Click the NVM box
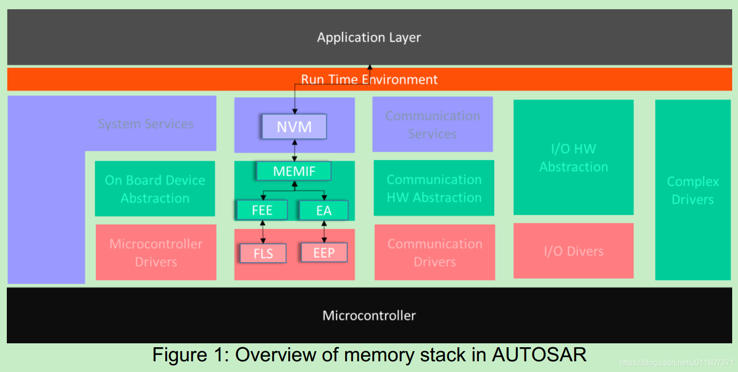[x=294, y=127]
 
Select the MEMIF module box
[x=294, y=171]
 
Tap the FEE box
[x=262, y=211]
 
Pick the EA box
[x=324, y=211]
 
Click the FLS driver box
[x=263, y=253]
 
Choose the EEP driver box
[x=324, y=253]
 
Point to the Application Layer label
[x=369, y=37]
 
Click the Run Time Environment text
[x=369, y=79]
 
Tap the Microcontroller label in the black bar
[x=369, y=316]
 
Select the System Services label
[x=145, y=124]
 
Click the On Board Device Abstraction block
[x=155, y=189]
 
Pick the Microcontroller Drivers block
[x=156, y=252]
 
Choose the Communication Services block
[x=433, y=124]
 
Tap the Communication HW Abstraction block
[x=434, y=188]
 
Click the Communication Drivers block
[x=435, y=252]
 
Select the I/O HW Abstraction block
[x=574, y=158]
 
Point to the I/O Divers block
[x=574, y=251]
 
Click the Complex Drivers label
[x=692, y=190]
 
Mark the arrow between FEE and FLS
[x=263, y=231]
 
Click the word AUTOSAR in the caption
[x=539, y=354]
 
